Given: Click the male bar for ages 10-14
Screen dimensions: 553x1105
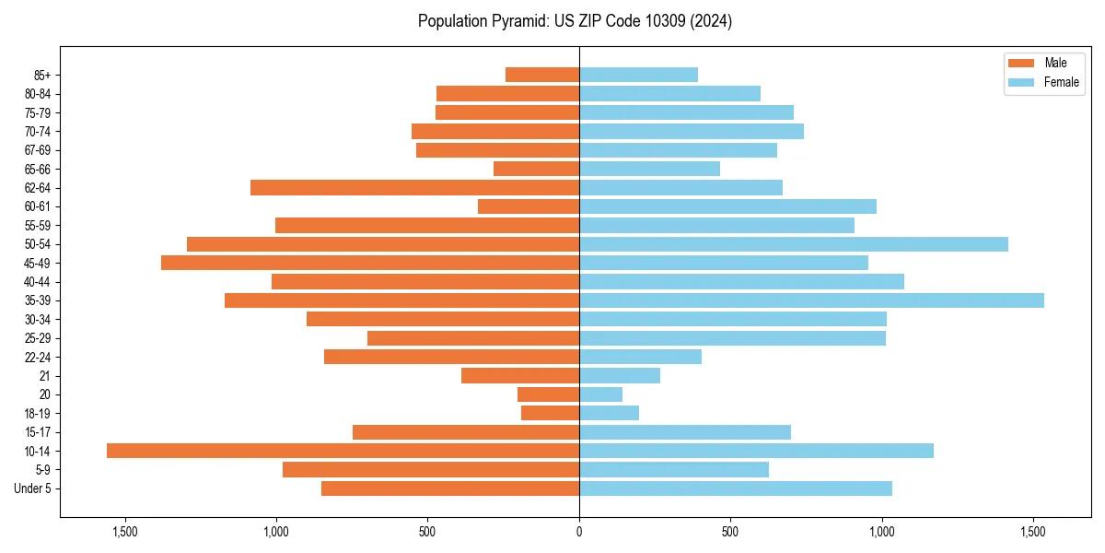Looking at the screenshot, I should coord(343,451).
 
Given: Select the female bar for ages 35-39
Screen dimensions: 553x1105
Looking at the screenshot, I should coord(811,300).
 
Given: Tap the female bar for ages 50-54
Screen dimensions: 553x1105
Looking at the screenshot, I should coord(794,244).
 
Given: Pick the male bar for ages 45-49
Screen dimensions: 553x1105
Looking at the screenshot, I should coord(370,263).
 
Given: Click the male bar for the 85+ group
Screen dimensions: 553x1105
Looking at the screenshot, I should coord(542,75).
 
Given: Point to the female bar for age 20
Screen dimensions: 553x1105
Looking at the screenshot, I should coord(600,394).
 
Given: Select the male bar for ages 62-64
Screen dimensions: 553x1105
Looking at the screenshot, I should coord(414,188).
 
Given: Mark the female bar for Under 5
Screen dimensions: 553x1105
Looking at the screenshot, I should coord(736,488).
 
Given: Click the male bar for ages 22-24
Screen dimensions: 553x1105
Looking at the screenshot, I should coord(451,357).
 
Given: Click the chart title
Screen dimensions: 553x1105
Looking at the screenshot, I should coord(575,21).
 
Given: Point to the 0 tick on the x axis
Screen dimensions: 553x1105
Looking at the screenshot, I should coord(579,532).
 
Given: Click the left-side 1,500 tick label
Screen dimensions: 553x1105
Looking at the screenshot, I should coord(124,532).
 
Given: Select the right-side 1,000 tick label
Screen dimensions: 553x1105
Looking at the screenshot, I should coord(882,532).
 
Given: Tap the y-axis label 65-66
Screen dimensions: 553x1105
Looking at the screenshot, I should coord(38,170).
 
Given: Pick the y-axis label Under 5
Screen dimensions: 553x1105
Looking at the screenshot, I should coord(33,488).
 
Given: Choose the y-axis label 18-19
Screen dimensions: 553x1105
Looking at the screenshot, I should coord(38,414).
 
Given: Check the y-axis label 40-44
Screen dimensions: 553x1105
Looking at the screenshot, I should coord(38,282).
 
